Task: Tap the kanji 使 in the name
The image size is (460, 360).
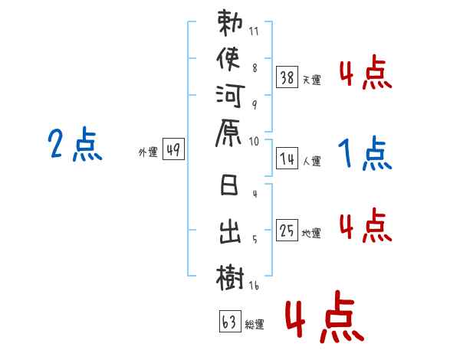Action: point(231,58)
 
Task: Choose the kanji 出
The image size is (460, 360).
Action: point(231,231)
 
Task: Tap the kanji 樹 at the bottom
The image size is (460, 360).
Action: point(231,275)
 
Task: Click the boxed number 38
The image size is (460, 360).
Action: point(287,77)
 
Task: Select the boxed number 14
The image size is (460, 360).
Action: point(287,159)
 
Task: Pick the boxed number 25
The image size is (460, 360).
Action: point(287,231)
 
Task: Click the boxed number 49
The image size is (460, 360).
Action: point(172,150)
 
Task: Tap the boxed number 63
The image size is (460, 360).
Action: point(229,322)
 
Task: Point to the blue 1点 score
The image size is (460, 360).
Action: point(365,155)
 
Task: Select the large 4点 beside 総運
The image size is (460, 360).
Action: point(321,318)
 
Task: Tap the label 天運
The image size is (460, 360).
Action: point(312,79)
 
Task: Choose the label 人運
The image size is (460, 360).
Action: point(312,161)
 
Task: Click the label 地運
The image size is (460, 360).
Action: point(312,233)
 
